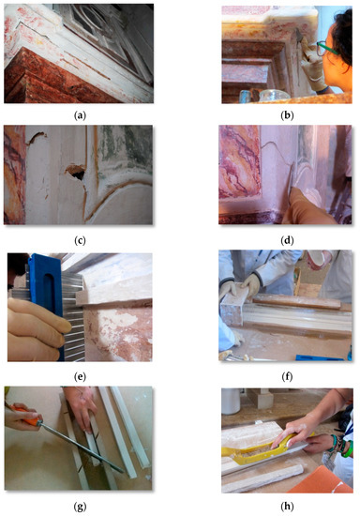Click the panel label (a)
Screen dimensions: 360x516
pyautogui.click(x=80, y=115)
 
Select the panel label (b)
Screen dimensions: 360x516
pyautogui.click(x=287, y=115)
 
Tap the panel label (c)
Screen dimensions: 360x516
pyautogui.click(x=80, y=240)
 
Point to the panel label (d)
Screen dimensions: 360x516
pyautogui.click(x=287, y=240)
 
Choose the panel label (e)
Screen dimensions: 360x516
pyautogui.click(x=80, y=376)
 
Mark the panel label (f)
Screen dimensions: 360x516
pyautogui.click(x=287, y=376)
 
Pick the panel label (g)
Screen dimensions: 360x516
pyautogui.click(x=80, y=507)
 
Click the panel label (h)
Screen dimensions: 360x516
pyautogui.click(x=287, y=507)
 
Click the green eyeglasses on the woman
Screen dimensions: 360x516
pyautogui.click(x=325, y=48)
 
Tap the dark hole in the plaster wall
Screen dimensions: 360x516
pyautogui.click(x=77, y=172)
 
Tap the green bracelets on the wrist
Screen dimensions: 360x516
pyautogui.click(x=344, y=447)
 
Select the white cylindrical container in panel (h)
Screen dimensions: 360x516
pyautogui.click(x=231, y=401)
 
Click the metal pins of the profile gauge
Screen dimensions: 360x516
pyautogui.click(x=73, y=316)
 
